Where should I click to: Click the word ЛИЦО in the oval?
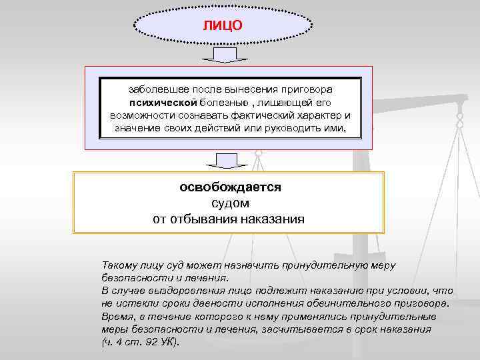pyautogui.click(x=223, y=25)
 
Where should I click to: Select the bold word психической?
pyautogui.click(x=163, y=102)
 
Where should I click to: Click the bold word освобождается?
pyautogui.click(x=230, y=187)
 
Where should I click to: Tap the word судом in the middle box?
pyautogui.click(x=229, y=203)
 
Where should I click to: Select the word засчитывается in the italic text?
pyautogui.click(x=301, y=329)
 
